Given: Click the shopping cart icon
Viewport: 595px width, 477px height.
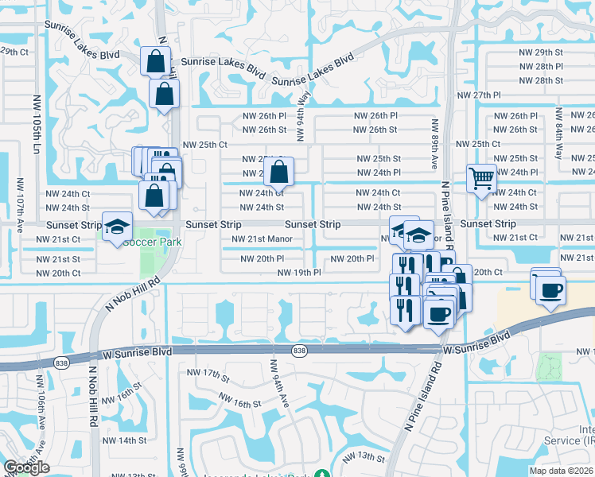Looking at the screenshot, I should pos(481,178).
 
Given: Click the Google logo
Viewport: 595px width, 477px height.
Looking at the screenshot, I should pos(26,467).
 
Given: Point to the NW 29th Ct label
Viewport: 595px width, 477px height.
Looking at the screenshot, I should pos(14,51).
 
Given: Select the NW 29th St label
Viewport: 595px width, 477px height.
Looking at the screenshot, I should pos(549,51).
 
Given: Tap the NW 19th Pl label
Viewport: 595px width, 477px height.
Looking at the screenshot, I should pos(299,273).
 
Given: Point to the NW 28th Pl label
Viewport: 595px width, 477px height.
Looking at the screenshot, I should pos(549,66).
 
